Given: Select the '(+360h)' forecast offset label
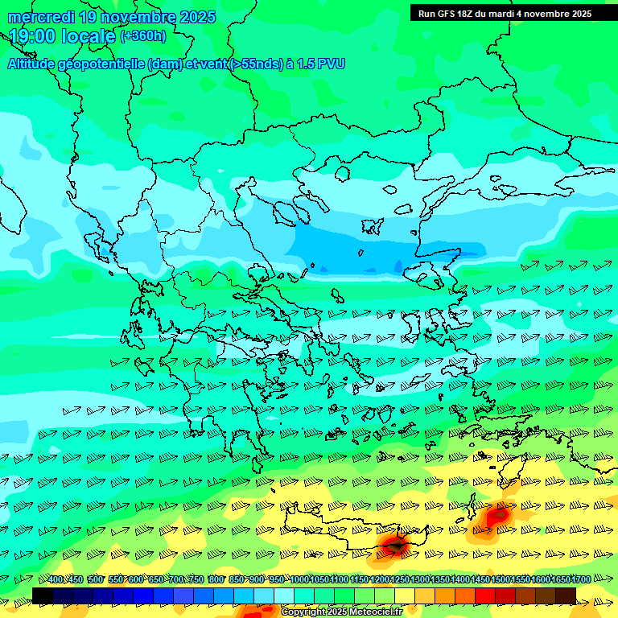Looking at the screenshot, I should (x=143, y=35).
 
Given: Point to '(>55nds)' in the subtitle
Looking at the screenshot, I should (x=255, y=64).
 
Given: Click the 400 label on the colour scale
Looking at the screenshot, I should (x=56, y=580).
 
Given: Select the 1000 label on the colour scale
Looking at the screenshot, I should (x=299, y=580).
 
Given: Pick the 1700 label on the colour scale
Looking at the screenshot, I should (x=581, y=580).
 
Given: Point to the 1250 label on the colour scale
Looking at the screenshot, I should (x=400, y=580).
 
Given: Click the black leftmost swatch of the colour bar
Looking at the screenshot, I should (x=43, y=595).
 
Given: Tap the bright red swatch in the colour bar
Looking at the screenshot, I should (x=485, y=595).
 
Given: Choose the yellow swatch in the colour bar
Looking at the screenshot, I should (x=405, y=595).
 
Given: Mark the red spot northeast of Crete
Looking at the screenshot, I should (x=499, y=513).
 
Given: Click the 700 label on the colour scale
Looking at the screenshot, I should (x=176, y=580).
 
